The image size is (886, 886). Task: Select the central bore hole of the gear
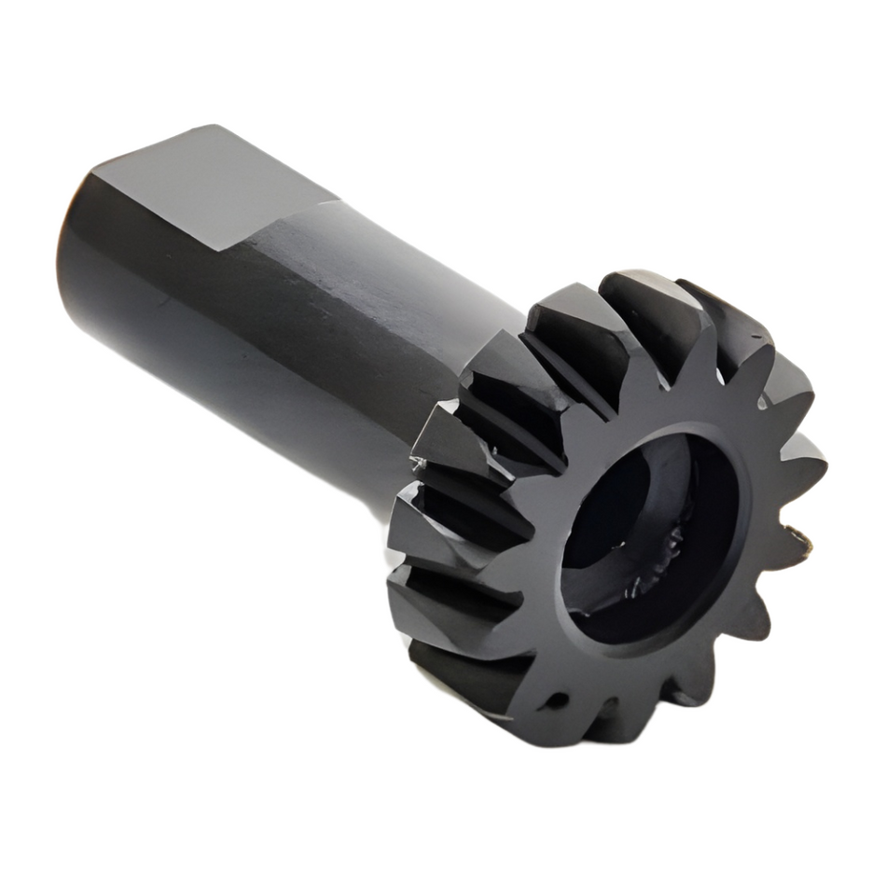coord(644,541)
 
